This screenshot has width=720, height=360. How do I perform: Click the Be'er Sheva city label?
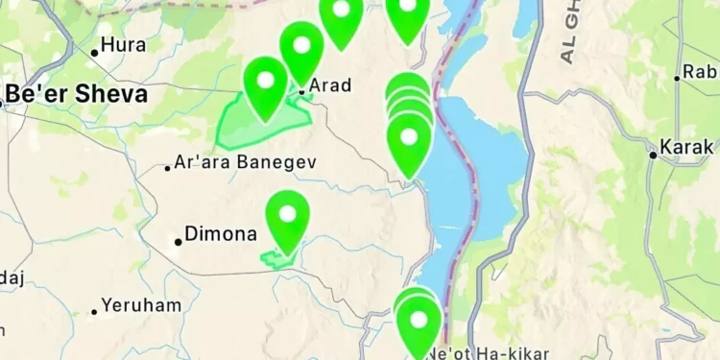tap(77, 94)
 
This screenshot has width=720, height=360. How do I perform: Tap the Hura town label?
tap(124, 44)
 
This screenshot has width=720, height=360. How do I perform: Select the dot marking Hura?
tap(95, 52)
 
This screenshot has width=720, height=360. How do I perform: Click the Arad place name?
tap(329, 85)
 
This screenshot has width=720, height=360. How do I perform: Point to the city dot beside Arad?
tap(301, 92)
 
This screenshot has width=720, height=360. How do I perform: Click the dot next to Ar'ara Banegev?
tap(168, 168)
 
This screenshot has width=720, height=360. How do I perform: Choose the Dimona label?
tap(221, 234)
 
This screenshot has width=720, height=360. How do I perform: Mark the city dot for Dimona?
tap(178, 241)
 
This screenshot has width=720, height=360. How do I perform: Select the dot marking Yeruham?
tap(94, 311)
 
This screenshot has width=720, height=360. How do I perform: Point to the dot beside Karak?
tap(653, 154)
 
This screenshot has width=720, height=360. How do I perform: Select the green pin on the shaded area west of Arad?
tap(266, 84)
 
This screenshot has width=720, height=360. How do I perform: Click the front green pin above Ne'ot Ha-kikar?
tap(419, 324)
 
